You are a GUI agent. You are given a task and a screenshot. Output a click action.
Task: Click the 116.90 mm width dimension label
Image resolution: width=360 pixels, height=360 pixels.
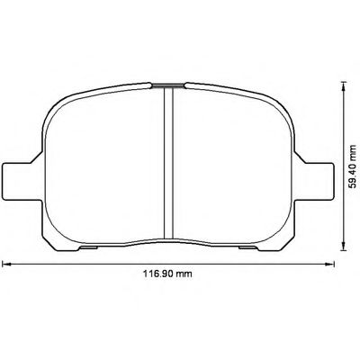pos(171,276)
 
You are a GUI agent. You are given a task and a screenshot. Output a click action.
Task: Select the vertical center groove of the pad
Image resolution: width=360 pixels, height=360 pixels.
pos(168,162)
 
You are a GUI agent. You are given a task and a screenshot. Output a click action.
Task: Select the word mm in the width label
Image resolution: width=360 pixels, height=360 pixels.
pos(187,276)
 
